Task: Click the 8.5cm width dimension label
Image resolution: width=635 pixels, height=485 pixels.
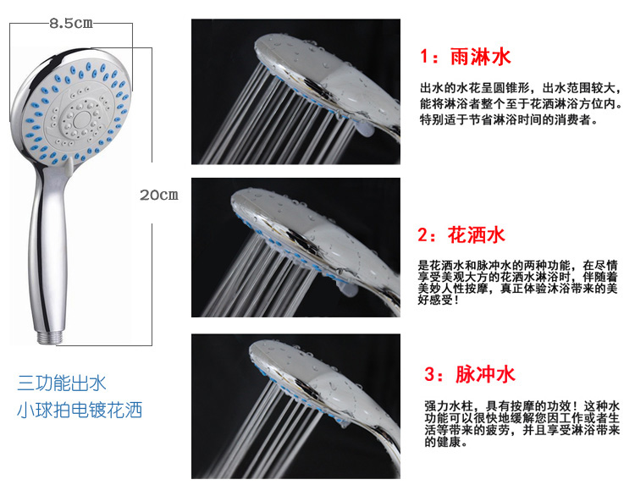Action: tap(71, 23)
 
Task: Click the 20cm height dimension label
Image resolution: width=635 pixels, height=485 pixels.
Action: tap(158, 195)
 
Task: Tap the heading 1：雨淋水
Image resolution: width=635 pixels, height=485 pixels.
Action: tap(466, 58)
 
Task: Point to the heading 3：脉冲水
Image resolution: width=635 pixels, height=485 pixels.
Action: tap(469, 374)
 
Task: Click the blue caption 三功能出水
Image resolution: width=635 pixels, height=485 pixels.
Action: tap(63, 383)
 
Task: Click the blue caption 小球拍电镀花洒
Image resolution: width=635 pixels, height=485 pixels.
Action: tap(80, 411)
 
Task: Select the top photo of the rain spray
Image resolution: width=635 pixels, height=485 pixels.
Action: tap(295, 91)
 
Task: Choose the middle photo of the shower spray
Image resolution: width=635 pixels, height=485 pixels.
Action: tap(295, 247)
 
